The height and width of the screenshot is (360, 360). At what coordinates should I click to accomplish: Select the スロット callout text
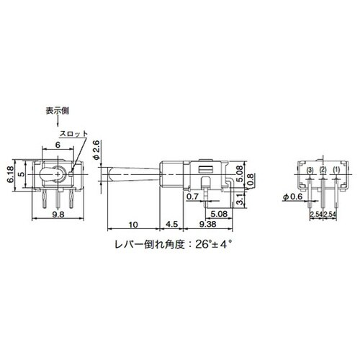(75, 135)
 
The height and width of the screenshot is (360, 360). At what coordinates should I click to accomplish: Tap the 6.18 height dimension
(10, 174)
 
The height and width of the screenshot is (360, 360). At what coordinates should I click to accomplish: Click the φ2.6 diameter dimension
(96, 148)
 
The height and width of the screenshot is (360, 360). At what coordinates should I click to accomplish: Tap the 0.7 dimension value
(192, 195)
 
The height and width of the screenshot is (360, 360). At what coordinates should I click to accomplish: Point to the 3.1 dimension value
(239, 196)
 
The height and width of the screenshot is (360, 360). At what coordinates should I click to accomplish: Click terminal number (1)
(335, 170)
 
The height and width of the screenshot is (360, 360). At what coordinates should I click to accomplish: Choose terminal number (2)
(323, 170)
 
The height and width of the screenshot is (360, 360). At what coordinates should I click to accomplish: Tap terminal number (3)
(310, 170)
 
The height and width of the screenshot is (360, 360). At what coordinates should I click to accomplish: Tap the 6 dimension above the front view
(57, 145)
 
